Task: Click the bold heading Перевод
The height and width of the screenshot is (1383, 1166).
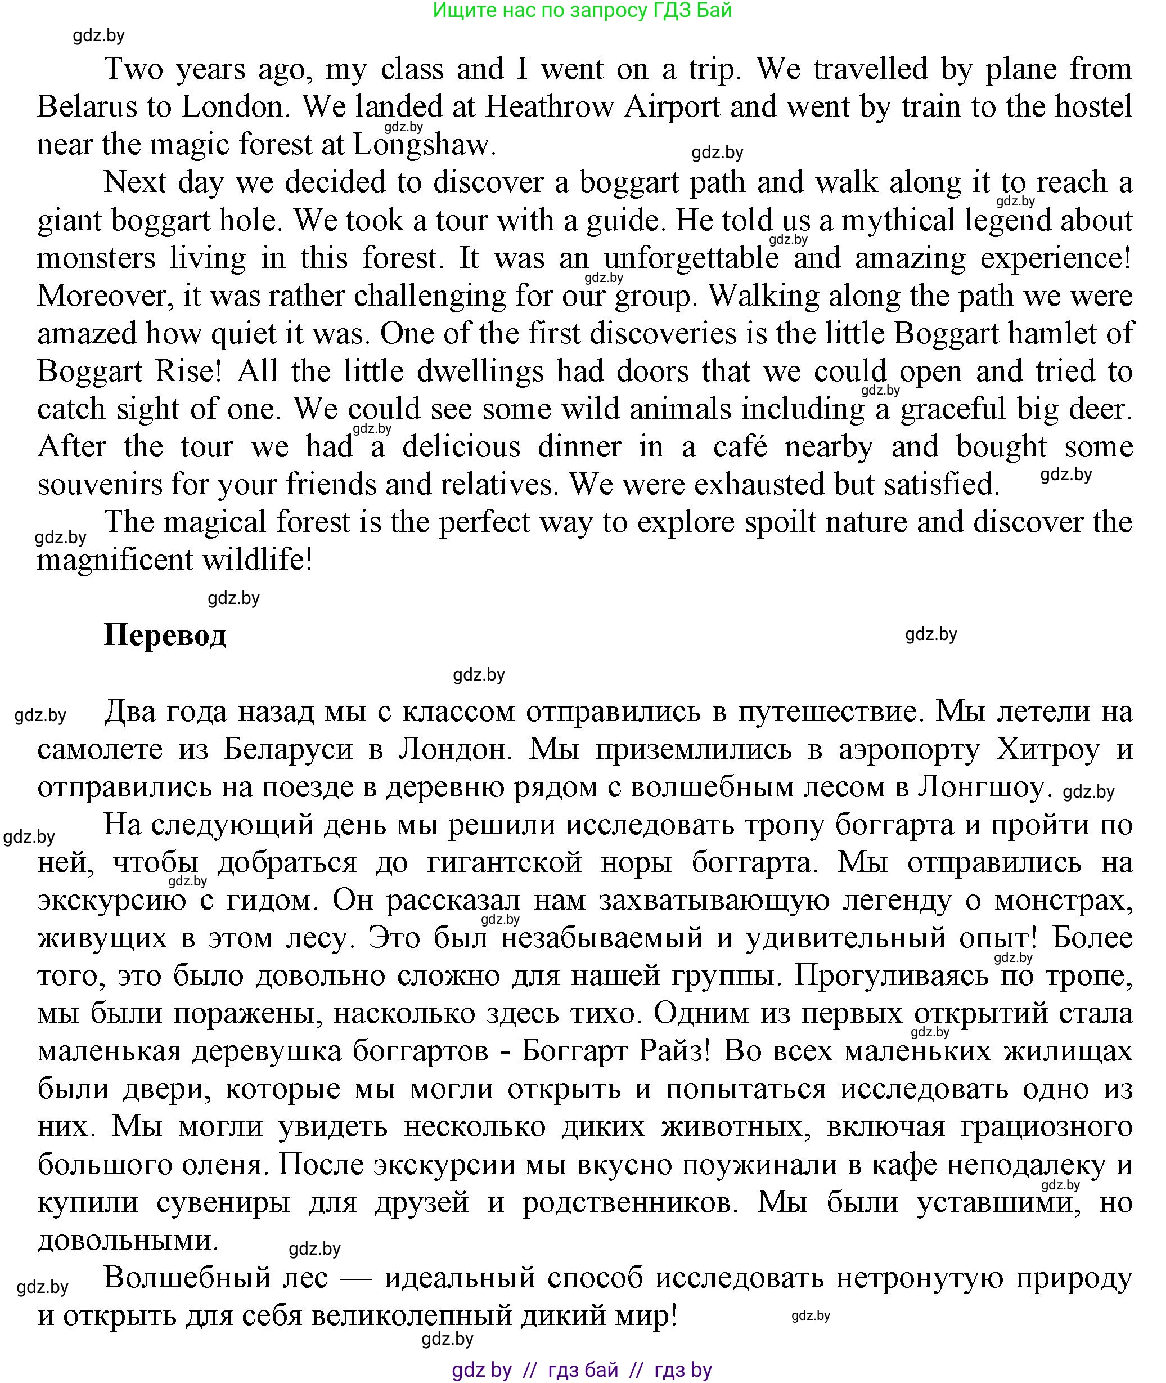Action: (165, 635)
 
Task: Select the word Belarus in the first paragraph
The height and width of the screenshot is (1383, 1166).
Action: (85, 107)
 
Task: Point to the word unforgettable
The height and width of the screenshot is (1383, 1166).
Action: (691, 258)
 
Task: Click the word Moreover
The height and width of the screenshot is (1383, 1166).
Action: (106, 296)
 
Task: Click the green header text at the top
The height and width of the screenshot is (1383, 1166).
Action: (582, 11)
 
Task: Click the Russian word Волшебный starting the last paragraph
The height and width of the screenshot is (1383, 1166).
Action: (215, 1278)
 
